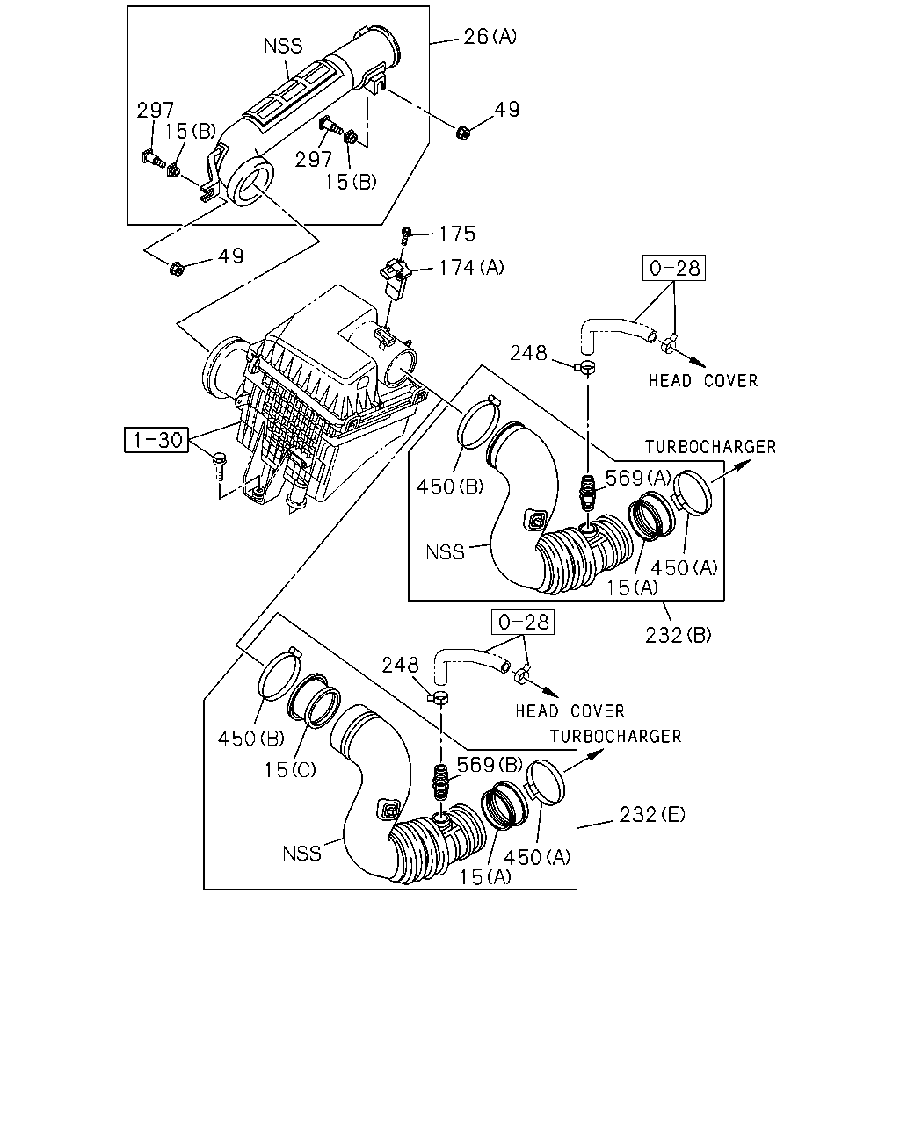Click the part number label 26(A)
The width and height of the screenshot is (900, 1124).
490,37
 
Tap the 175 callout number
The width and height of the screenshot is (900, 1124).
457,234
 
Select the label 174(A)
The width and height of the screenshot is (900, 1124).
471,268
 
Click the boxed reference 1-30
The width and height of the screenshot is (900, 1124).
156,440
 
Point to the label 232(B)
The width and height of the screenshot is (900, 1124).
678,635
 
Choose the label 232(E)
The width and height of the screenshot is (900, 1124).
652,814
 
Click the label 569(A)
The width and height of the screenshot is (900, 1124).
638,478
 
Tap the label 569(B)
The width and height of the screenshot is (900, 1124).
490,765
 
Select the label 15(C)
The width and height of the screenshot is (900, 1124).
290,770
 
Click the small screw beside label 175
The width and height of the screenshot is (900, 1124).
406,235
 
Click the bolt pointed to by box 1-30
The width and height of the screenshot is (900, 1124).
219,467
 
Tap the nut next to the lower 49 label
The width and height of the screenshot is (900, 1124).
177,269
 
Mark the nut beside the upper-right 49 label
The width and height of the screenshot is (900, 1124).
462,133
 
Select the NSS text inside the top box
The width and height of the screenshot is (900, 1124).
283,46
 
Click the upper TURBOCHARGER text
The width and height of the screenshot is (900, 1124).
710,447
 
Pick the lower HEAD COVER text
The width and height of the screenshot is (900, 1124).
570,711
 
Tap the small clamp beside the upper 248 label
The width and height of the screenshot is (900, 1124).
585,368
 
